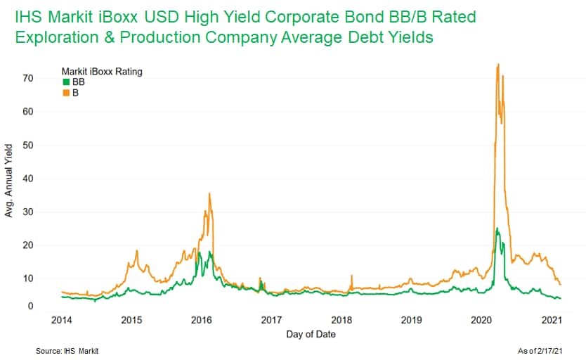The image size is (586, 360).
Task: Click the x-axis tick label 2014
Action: [62, 320]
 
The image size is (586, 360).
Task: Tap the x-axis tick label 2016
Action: [202, 320]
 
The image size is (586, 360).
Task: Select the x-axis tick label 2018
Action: [341, 320]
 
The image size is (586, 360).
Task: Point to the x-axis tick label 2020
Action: [481, 320]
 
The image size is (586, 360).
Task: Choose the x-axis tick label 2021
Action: [552, 320]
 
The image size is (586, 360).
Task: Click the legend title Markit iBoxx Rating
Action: [102, 71]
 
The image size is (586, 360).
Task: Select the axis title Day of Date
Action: [311, 334]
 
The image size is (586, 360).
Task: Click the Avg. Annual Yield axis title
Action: [9, 180]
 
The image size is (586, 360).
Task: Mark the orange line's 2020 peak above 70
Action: [497, 65]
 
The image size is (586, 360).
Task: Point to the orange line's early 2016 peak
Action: [209, 193]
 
